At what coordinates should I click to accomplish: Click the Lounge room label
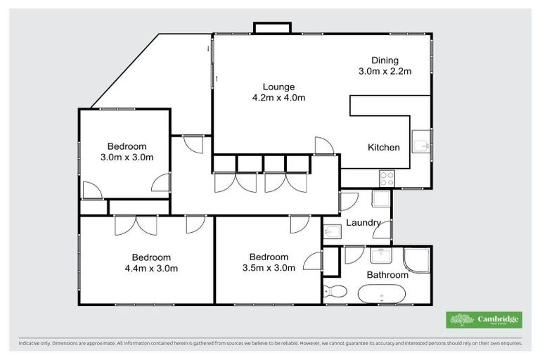click(279, 87)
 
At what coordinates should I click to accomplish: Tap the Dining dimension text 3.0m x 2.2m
click(385, 71)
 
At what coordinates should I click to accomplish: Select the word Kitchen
click(384, 148)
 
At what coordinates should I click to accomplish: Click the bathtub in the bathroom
click(382, 293)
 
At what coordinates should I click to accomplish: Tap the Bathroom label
click(387, 275)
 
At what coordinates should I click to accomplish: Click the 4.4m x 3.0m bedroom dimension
click(150, 268)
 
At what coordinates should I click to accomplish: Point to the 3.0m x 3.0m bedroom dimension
click(127, 157)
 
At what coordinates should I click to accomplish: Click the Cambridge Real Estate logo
click(484, 320)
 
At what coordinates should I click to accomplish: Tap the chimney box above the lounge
click(272, 27)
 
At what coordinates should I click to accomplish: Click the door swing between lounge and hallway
click(324, 146)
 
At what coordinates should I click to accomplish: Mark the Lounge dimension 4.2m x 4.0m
click(279, 98)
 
